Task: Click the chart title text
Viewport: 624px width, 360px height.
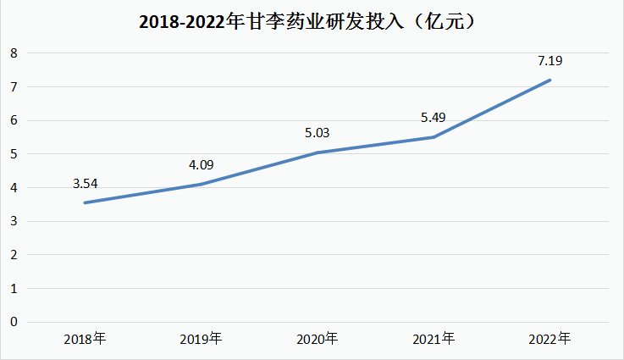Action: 311,23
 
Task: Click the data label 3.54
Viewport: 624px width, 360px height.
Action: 86,182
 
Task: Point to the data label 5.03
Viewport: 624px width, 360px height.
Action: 318,132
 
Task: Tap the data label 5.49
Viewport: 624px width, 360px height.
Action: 434,117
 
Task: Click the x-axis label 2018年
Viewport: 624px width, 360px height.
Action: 86,339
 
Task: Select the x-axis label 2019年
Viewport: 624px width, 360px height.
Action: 202,339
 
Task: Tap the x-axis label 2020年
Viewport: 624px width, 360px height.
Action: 318,339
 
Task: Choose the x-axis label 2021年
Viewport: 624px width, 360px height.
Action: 434,339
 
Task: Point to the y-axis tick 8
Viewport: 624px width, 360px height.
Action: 14,53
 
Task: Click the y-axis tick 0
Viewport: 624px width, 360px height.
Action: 14,322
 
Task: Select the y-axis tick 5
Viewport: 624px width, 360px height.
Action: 14,154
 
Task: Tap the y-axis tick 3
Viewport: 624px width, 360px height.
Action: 14,221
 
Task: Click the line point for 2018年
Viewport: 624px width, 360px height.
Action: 86,202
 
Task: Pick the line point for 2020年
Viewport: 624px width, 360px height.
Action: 318,152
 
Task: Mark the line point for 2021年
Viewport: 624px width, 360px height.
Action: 434,137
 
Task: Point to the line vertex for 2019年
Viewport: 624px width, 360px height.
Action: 202,184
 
